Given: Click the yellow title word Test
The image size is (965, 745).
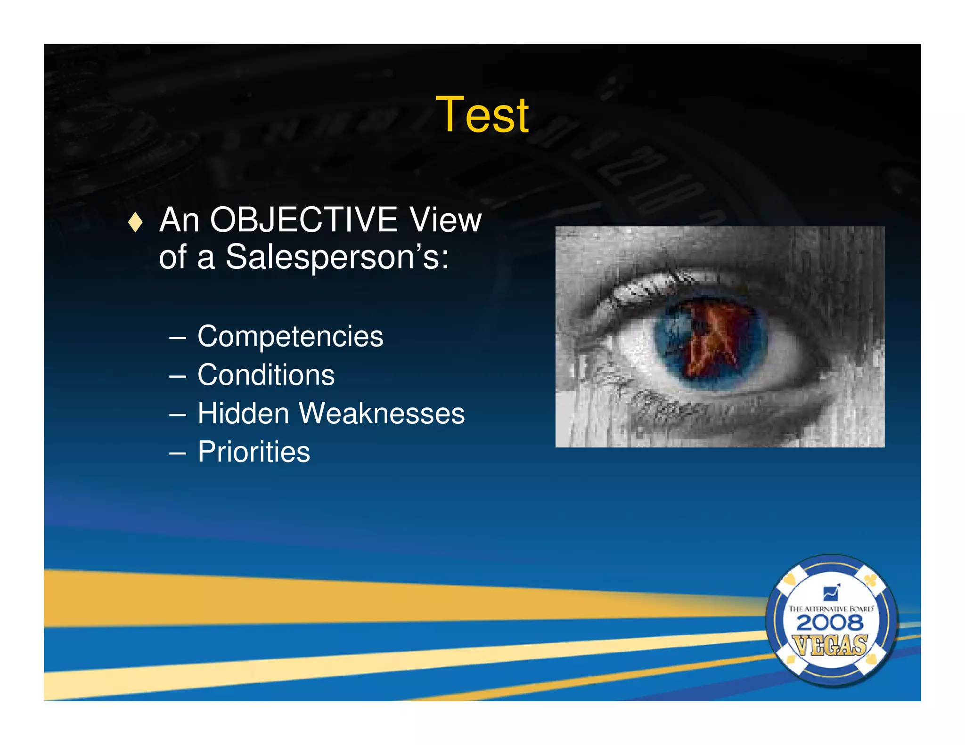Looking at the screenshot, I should [482, 114].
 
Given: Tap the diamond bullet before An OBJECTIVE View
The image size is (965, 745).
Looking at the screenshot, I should [135, 222].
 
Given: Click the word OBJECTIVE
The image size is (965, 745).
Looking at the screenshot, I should [303, 220].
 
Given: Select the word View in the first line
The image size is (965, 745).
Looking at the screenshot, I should [445, 220].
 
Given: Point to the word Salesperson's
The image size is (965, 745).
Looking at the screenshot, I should [337, 258].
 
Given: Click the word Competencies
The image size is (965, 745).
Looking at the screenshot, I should [290, 336].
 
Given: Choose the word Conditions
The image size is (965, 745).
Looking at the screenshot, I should [266, 375].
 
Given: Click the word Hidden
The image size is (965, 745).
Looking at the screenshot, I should [243, 413].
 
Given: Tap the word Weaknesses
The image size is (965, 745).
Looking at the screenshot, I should [382, 413].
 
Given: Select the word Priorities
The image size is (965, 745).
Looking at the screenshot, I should [254, 452].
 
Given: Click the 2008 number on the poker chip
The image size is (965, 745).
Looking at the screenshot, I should [830, 623].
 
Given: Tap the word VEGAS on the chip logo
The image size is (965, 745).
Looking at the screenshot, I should [830, 645].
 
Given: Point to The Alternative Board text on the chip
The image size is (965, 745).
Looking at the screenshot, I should [831, 609].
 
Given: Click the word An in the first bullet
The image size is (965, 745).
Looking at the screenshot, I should [179, 220].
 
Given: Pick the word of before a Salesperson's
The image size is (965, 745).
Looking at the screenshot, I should [173, 258].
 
